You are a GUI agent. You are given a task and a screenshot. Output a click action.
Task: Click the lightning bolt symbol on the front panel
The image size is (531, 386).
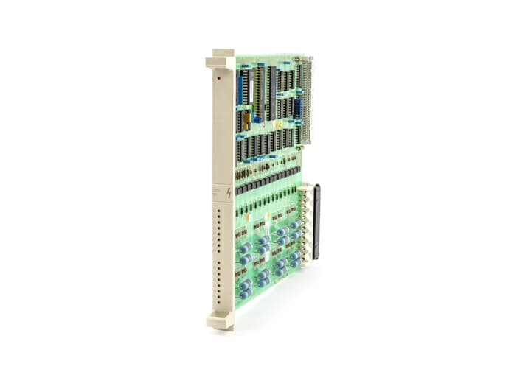(x=229, y=193)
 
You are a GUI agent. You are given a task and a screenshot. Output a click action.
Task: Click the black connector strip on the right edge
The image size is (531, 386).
(x=316, y=222)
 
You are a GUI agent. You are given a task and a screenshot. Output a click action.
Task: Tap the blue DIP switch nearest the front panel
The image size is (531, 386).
(x=240, y=88)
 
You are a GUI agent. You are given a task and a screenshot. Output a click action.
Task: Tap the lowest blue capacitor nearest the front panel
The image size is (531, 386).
(x=244, y=292)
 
